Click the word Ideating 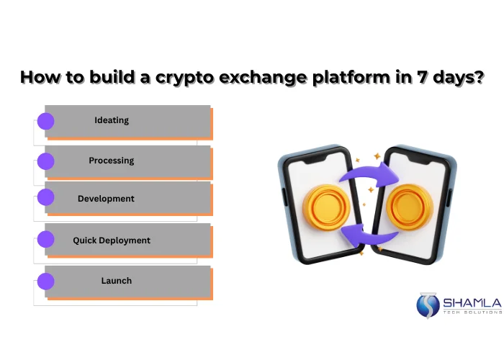[112, 120]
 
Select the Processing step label [112, 161]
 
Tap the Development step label [106, 199]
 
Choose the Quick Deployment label [112, 240]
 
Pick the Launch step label [116, 281]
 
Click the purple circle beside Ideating [45, 121]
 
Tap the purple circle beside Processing [45, 161]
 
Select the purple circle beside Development [45, 197]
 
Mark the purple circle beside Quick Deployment [45, 240]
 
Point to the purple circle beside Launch [45, 281]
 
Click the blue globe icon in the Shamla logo [428, 305]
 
